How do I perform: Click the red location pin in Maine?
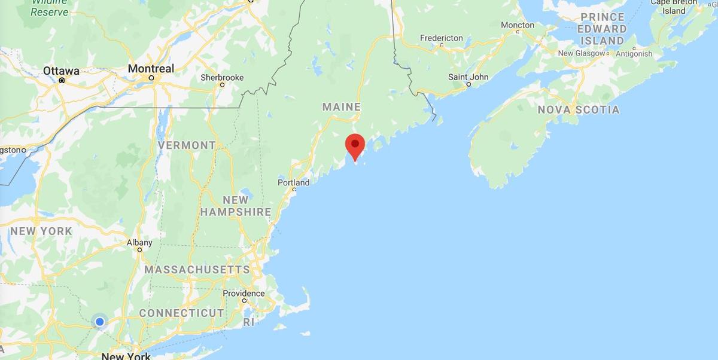(x=355, y=145)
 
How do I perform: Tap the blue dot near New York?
(x=100, y=322)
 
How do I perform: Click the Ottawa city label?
(x=61, y=71)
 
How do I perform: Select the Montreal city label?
(x=151, y=69)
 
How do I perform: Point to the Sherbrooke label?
(x=222, y=77)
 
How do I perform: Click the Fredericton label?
(x=441, y=38)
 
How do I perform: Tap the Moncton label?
(x=518, y=25)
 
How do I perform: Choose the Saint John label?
(x=468, y=77)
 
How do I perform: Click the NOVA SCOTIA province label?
(x=578, y=110)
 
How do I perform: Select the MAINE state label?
(x=342, y=107)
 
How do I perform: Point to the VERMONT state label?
(x=187, y=145)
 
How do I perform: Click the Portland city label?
(x=294, y=182)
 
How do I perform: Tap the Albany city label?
(x=139, y=243)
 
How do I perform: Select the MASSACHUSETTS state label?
(x=197, y=270)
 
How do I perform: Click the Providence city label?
(x=244, y=293)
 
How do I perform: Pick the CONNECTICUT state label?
(x=182, y=313)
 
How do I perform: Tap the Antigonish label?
(x=635, y=54)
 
